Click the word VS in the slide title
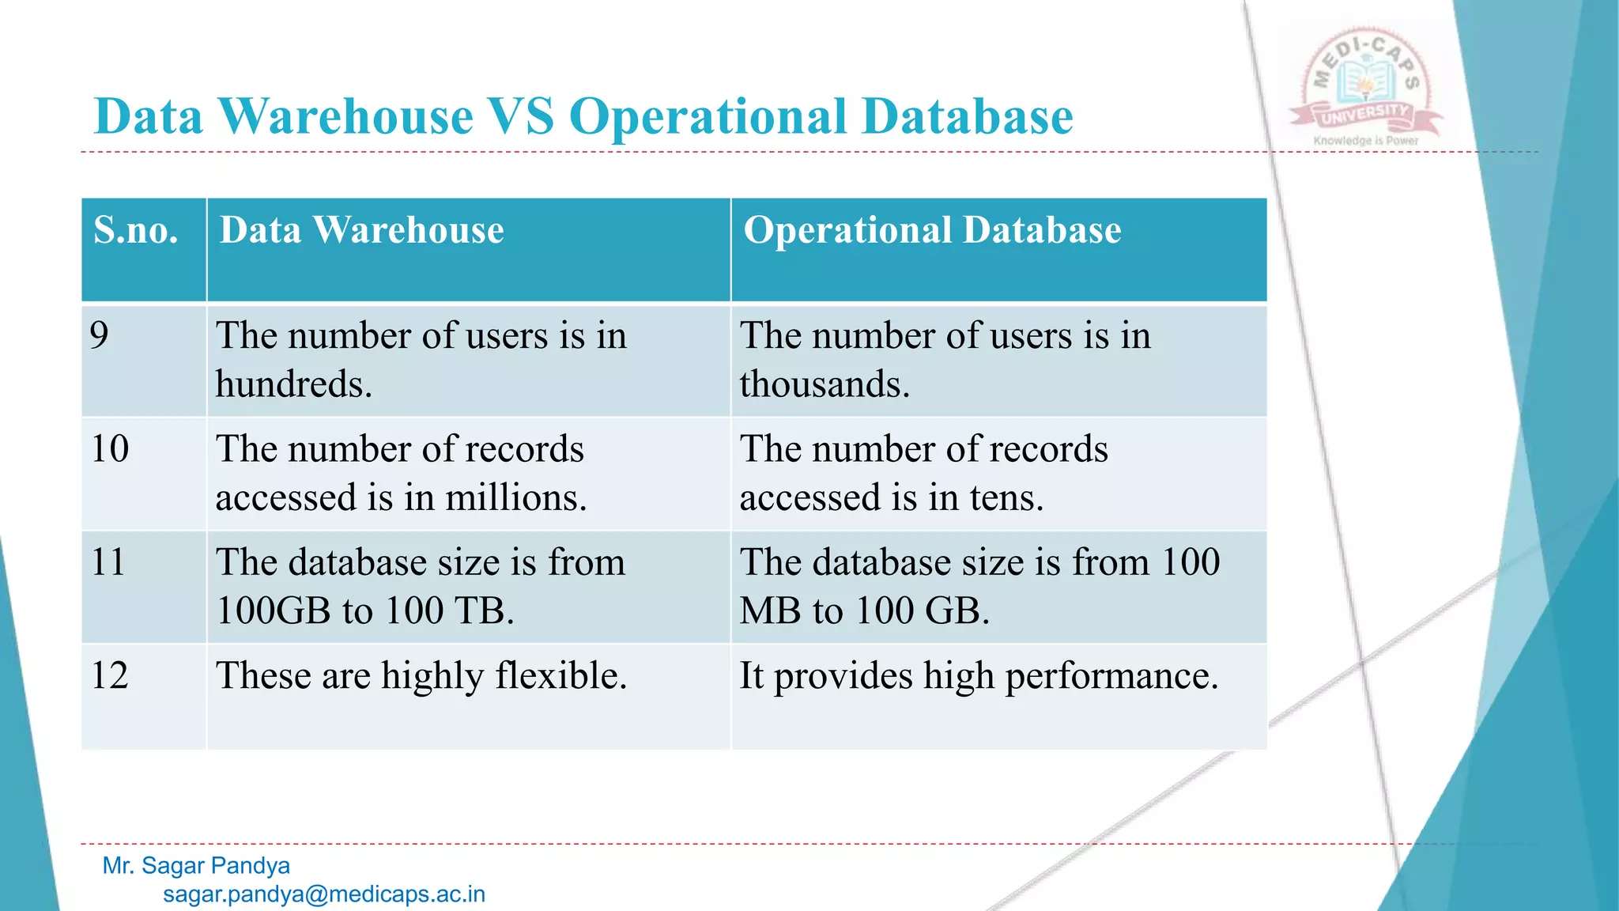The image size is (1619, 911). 522,117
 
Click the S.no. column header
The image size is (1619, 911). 136,230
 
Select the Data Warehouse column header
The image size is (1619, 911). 361,230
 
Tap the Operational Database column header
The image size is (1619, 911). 932,230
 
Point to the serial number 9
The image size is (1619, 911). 100,335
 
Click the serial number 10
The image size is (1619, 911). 110,448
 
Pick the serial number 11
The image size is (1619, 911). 108,562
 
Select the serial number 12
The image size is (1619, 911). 110,675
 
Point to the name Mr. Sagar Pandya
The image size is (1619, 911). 196,866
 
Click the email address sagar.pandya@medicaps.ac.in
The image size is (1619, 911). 324,894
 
